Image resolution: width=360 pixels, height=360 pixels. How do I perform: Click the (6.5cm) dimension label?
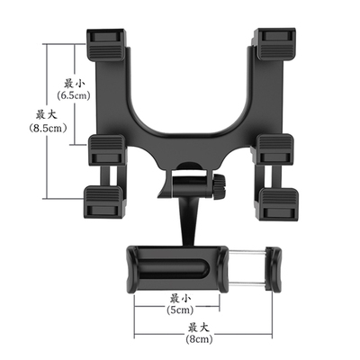pyautogui.click(x=74, y=95)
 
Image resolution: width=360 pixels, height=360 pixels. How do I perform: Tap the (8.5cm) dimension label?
pyautogui.click(x=48, y=129)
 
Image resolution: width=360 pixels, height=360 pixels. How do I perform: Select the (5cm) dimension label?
pyautogui.click(x=180, y=310)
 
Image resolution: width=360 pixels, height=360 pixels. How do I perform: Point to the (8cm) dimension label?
pyautogui.click(x=199, y=339)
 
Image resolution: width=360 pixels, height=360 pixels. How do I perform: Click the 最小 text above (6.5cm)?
pyautogui.click(x=74, y=83)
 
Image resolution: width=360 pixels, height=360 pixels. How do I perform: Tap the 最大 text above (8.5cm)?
pyautogui.click(x=47, y=115)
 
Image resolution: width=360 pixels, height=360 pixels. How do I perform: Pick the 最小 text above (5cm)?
pyautogui.click(x=180, y=299)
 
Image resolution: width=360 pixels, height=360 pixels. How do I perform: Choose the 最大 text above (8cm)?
pyautogui.click(x=198, y=328)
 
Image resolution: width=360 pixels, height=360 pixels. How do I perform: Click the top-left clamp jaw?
pyautogui.click(x=105, y=44)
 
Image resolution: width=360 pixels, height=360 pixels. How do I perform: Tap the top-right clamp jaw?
pyautogui.click(x=274, y=44)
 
